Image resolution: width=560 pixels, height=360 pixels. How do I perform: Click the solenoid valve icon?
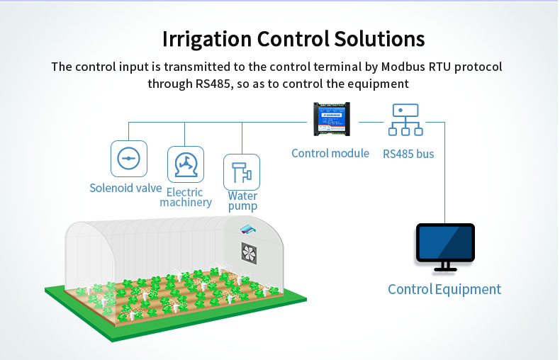pos(128,158)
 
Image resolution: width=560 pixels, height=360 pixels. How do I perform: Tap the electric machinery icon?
pos(185,164)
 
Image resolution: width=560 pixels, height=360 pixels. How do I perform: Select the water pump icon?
pos(242,171)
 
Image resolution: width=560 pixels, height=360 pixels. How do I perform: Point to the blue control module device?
pos(331,119)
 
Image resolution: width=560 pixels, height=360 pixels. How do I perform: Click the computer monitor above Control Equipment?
pos(445,242)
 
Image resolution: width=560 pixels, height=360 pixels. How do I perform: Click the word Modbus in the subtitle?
pos(407,67)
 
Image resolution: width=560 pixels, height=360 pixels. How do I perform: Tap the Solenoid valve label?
pos(125,188)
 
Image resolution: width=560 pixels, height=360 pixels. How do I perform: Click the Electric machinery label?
pos(185,197)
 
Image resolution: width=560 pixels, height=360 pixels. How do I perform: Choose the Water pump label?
pos(242,201)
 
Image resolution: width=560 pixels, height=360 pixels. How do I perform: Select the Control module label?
pos(330,153)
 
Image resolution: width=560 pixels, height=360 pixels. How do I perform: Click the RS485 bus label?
pos(408,153)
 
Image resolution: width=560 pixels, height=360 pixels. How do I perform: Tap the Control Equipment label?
pos(444,289)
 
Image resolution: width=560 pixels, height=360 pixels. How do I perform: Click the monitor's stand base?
pos(445,269)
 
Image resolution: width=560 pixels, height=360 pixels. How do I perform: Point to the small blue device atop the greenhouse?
pos(247,229)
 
